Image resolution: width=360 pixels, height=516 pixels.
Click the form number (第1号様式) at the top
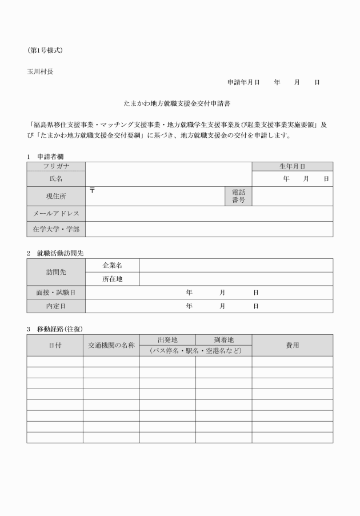click(45, 50)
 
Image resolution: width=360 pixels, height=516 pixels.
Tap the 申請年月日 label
click(243, 82)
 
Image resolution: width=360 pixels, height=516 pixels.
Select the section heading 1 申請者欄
click(45, 156)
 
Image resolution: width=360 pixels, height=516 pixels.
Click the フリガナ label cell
click(56, 166)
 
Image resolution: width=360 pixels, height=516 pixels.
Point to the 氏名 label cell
click(56, 179)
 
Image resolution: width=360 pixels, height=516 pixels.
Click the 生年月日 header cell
click(292, 166)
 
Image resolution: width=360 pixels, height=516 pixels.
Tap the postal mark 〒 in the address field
click(92, 190)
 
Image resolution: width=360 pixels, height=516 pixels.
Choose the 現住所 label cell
click(56, 196)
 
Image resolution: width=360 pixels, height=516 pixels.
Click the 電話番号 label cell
click(238, 196)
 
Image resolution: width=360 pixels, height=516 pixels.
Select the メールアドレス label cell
click(56, 213)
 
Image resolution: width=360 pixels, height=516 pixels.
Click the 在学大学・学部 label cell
click(56, 229)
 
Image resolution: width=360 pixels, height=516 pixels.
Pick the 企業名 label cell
click(112, 265)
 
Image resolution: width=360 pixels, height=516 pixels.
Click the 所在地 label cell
click(112, 279)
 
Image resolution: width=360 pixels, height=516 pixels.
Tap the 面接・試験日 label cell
click(56, 293)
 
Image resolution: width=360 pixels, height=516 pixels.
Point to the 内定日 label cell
click(56, 306)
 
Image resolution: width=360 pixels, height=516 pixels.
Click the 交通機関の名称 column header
click(111, 345)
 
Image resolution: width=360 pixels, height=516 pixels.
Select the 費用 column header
click(292, 345)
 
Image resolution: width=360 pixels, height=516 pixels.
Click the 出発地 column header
click(167, 339)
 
